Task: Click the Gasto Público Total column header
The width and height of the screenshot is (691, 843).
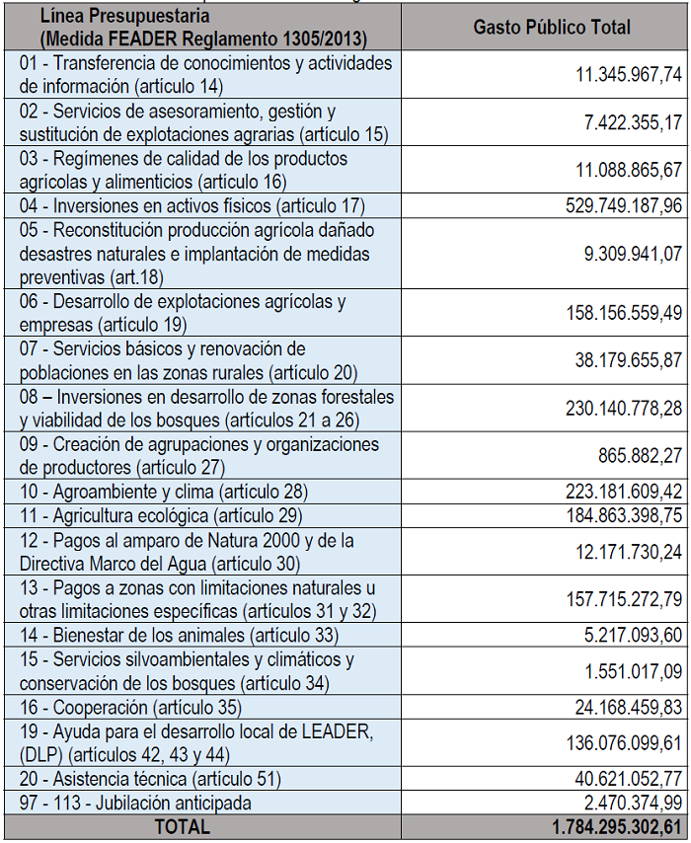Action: pos(552,28)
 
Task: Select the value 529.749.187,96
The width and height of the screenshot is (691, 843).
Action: pos(602,206)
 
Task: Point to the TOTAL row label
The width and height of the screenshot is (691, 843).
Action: pos(183,827)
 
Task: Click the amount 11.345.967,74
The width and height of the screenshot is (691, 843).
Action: pos(629,74)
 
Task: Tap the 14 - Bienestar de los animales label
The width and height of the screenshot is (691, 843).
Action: pos(179,635)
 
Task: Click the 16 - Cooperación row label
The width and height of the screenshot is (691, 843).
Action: pos(130,708)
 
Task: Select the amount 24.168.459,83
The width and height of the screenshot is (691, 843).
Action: pos(617,708)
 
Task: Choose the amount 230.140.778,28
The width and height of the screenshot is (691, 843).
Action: pos(602,409)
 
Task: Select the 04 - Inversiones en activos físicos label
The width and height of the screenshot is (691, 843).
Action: pos(192,206)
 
